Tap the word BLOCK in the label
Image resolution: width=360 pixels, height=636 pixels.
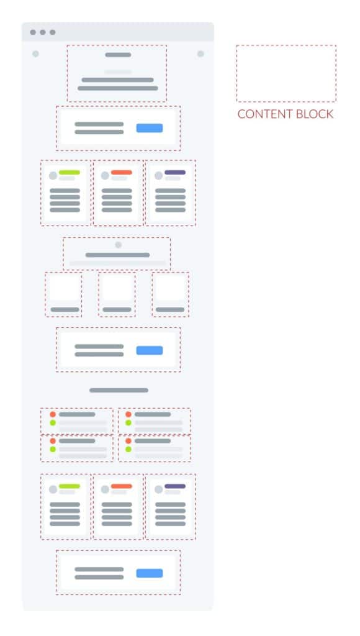point(315,114)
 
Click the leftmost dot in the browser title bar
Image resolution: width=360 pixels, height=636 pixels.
point(33,32)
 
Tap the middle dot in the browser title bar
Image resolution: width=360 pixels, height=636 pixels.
point(43,32)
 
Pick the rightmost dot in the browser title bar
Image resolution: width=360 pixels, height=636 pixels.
point(53,32)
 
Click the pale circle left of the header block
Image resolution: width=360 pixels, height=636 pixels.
point(35,54)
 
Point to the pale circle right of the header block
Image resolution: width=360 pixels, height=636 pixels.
point(200,54)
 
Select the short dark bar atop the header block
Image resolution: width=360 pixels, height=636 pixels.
point(118,55)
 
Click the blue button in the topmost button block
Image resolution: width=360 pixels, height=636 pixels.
point(150,128)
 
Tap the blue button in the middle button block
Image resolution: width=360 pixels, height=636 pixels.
point(150,350)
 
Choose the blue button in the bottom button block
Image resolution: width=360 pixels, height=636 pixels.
point(150,573)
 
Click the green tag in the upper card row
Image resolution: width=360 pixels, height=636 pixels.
point(70,173)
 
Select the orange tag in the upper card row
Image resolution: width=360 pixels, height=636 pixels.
point(122,173)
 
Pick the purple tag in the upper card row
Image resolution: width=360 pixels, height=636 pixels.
point(175,173)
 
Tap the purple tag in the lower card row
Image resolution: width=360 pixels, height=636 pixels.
point(175,486)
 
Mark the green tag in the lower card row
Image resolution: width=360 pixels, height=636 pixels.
point(70,486)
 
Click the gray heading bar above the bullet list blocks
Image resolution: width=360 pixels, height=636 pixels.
point(119,390)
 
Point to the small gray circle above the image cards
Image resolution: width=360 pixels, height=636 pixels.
point(119,245)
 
